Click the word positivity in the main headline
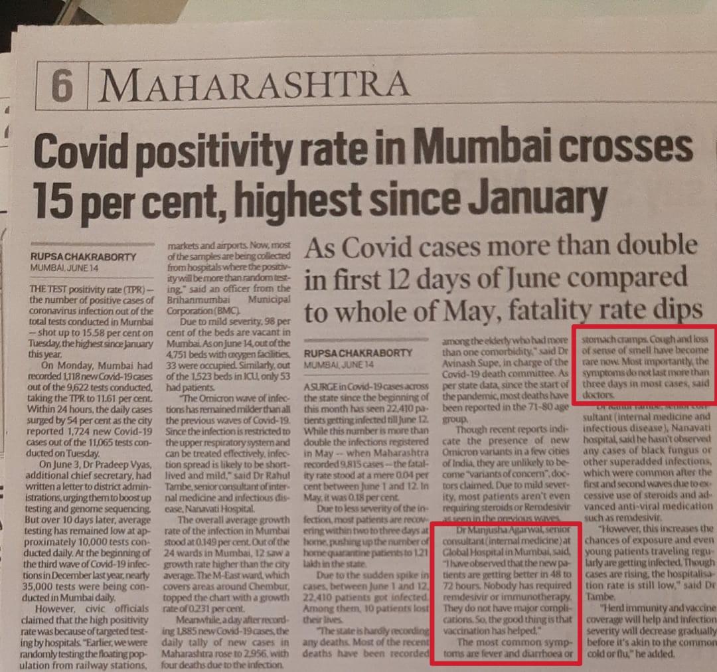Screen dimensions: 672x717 click(222, 150)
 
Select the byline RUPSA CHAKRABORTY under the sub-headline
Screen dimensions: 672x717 click(358, 353)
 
